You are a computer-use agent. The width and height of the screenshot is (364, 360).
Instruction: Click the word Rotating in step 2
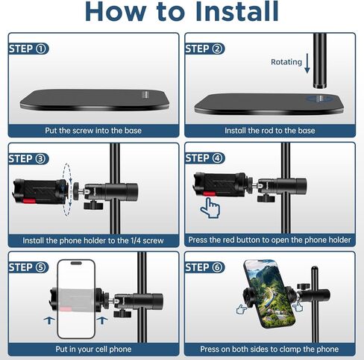coord(286,63)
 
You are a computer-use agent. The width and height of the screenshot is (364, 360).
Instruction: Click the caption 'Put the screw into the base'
coord(93,130)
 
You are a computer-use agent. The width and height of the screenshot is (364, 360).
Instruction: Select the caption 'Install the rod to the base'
coord(269,130)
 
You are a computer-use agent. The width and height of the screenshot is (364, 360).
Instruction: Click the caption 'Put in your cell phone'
coord(93,349)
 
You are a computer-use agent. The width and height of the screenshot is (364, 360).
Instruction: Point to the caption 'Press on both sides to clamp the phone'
coord(269,349)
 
